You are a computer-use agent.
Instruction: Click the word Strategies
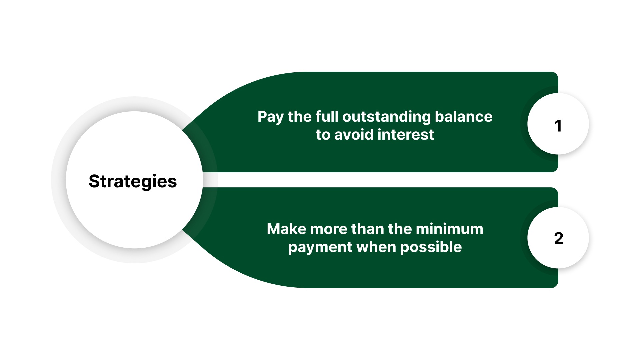[133, 182]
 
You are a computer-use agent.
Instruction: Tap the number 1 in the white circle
[558, 126]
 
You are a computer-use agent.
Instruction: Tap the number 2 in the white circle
[558, 238]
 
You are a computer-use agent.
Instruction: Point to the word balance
[463, 117]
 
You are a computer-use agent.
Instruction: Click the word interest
[406, 135]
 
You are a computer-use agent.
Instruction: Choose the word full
[327, 117]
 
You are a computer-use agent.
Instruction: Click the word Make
[286, 229]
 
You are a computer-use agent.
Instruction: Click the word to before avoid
[323, 135]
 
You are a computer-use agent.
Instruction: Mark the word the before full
[300, 117]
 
